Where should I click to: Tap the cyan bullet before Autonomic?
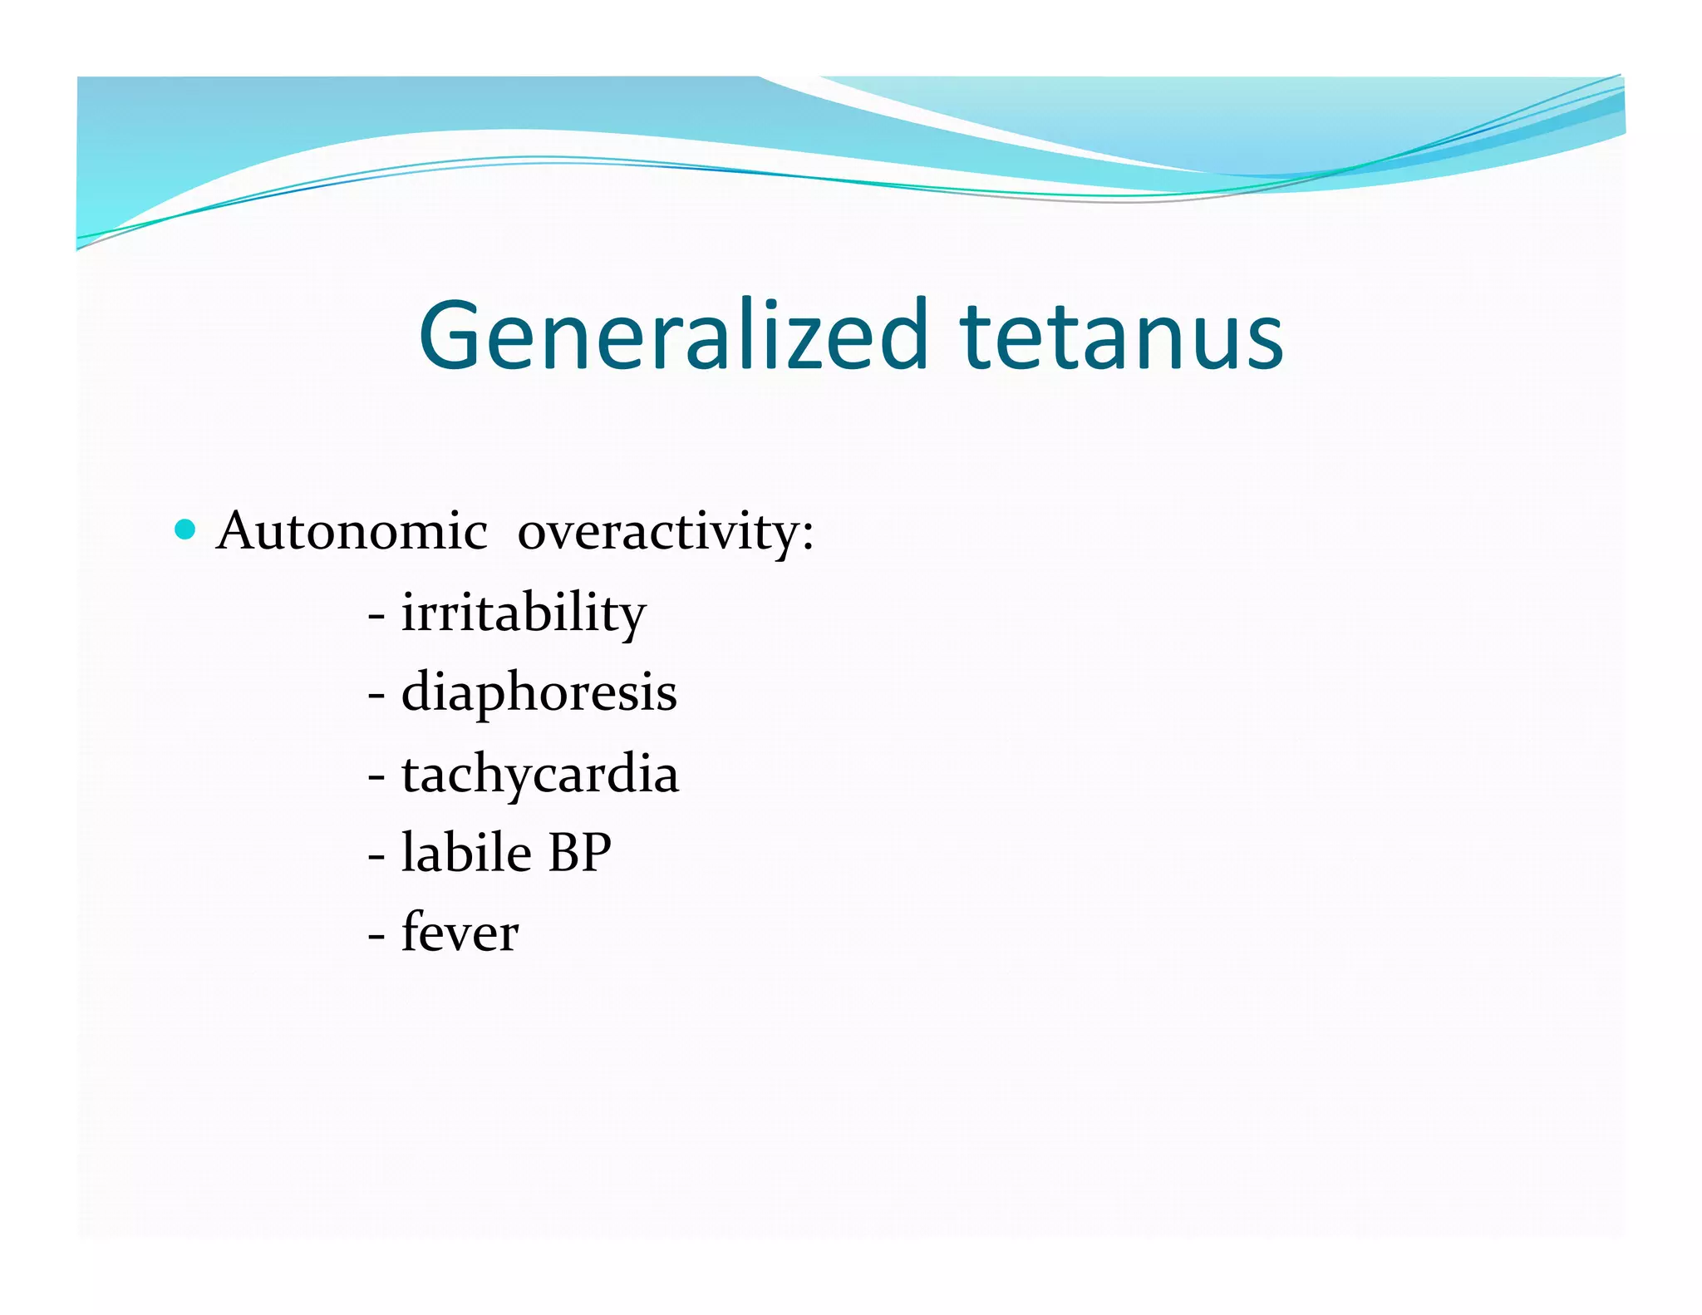click(x=185, y=529)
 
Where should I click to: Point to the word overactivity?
click(x=657, y=532)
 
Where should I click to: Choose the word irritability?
click(x=523, y=613)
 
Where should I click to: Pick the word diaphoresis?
click(x=539, y=692)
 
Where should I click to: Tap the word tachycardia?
click(x=539, y=774)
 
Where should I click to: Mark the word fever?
click(x=460, y=933)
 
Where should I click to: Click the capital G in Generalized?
click(x=453, y=335)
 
